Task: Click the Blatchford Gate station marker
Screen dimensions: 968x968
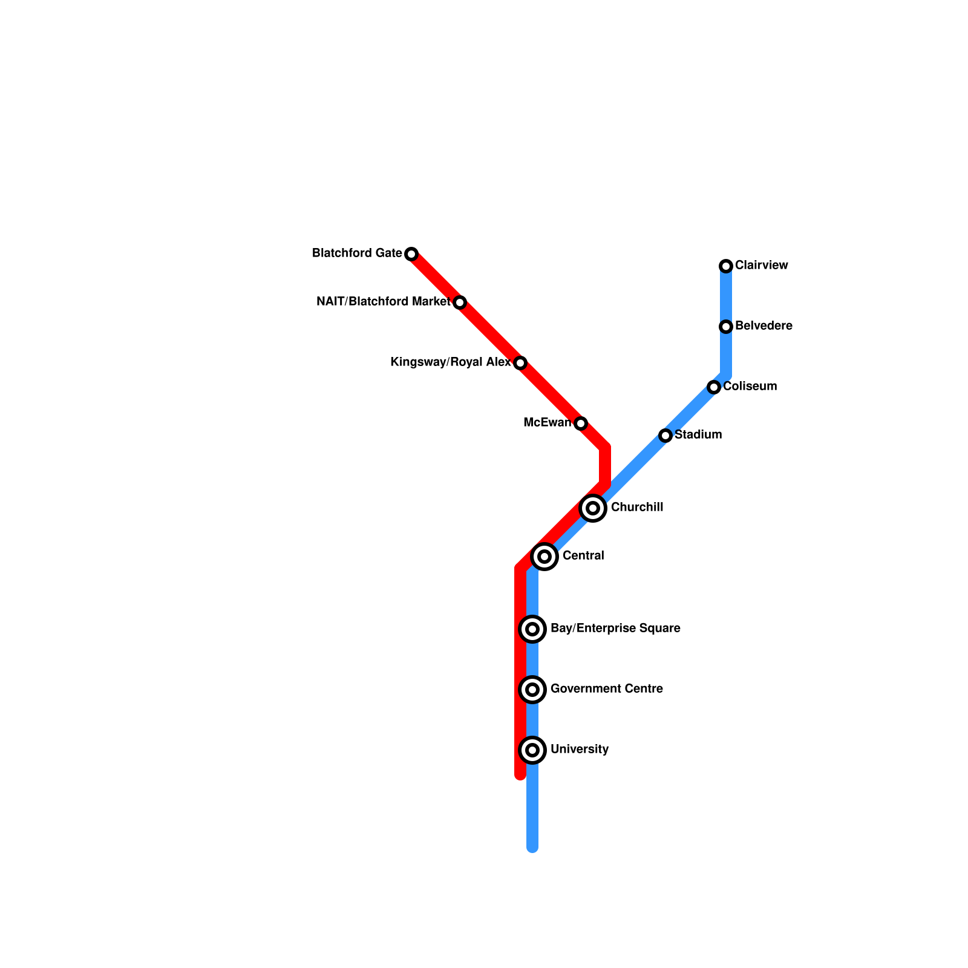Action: pos(411,253)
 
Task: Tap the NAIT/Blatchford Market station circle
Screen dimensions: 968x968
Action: pos(460,302)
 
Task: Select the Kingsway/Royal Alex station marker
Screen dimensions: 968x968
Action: pos(520,362)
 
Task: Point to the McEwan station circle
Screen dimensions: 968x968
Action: pos(581,423)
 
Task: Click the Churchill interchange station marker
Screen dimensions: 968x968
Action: pos(593,508)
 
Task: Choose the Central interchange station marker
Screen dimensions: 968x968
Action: pos(544,556)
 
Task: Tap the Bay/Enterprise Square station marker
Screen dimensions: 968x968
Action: pos(532,629)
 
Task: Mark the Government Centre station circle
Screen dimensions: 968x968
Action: pos(532,689)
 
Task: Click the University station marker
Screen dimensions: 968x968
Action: pos(532,750)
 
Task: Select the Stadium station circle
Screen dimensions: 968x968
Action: pos(665,435)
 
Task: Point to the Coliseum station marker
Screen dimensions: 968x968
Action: pos(714,387)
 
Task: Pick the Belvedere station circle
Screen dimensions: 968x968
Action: pos(726,326)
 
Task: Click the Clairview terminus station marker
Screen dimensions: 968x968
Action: pos(726,266)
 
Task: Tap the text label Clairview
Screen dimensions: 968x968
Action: pos(761,265)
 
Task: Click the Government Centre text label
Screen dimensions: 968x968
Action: pos(606,688)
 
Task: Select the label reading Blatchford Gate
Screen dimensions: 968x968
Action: pos(357,253)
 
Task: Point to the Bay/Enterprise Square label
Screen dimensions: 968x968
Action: pos(615,628)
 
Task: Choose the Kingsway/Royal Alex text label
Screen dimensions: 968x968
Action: pos(451,362)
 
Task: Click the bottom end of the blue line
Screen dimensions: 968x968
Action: pos(532,847)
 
